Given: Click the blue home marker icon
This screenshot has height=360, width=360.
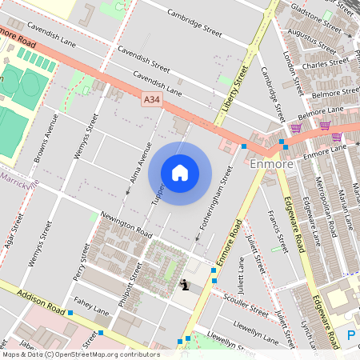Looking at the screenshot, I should coord(180,173).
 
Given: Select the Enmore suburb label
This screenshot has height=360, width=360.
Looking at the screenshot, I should coord(272,164).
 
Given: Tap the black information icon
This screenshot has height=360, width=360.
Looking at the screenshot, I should coord(186,284).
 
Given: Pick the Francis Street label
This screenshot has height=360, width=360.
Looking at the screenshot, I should coord(279,233).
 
